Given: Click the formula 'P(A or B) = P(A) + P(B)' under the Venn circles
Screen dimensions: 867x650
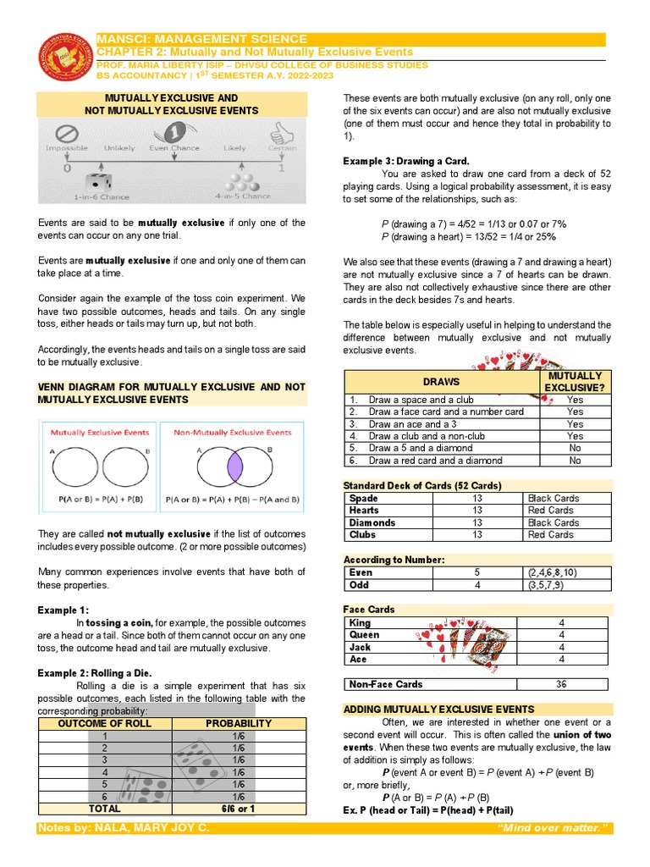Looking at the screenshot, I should point(98,500).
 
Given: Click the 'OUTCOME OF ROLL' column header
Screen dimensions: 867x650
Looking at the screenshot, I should point(105,723).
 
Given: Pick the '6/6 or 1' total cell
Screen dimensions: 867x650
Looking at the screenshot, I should point(239,809).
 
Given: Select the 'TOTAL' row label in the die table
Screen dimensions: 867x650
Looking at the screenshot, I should point(105,809).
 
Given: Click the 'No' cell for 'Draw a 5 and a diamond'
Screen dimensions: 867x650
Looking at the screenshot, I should point(575,449).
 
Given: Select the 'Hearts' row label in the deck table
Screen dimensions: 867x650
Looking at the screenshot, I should point(365,511).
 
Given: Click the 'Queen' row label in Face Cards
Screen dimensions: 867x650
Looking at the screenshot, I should point(364,634).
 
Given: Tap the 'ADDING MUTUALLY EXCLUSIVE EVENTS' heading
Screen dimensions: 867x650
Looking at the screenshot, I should point(438,709).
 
